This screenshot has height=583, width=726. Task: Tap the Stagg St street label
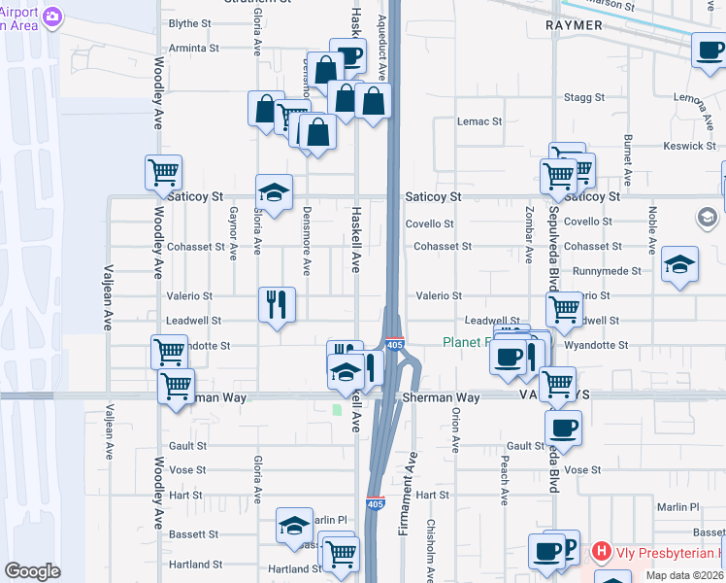tap(584, 98)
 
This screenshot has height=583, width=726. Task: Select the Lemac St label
tap(480, 121)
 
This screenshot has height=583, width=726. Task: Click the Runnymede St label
tap(607, 271)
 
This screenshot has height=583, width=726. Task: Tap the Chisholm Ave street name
tap(431, 549)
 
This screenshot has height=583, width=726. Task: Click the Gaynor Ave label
tap(233, 234)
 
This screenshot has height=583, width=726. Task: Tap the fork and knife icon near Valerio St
tap(277, 304)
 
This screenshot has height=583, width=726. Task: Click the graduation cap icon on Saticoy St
tap(274, 191)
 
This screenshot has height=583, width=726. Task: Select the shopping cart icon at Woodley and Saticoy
tap(163, 173)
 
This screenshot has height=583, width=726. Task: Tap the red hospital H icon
tap(601, 553)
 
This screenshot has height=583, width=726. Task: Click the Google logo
tap(32, 571)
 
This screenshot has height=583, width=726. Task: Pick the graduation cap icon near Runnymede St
tap(679, 263)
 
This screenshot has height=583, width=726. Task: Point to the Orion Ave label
tap(454, 429)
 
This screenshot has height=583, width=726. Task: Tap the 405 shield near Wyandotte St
tap(394, 345)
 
